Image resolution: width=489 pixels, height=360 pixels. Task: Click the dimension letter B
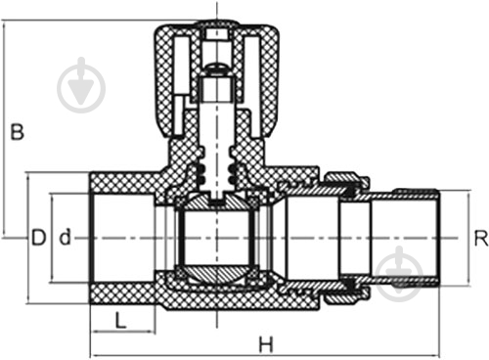17,131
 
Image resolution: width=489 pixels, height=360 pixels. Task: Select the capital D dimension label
38,238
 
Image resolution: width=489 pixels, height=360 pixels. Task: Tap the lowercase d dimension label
65,237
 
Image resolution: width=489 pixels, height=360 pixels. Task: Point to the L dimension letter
120,320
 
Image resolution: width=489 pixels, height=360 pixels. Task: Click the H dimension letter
266,344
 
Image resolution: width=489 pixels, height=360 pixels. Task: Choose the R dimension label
481,238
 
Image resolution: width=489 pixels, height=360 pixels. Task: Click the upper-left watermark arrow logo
81,85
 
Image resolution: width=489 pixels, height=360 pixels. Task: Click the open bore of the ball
216,238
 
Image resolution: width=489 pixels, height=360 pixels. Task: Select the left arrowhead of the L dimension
96,333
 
